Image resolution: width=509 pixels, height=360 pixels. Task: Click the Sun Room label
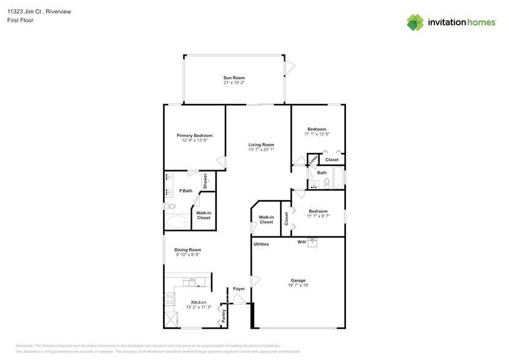click(x=234, y=78)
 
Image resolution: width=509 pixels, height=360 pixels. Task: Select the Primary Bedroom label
click(x=194, y=135)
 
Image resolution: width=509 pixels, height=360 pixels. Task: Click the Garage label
click(x=298, y=280)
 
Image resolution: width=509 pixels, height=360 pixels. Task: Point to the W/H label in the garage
click(x=301, y=242)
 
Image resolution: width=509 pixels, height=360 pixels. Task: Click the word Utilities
click(x=261, y=244)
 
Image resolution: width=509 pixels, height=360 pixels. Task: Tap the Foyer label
click(x=238, y=289)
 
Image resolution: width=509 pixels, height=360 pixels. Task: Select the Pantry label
click(x=224, y=316)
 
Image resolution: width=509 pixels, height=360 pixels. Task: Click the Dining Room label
click(x=187, y=250)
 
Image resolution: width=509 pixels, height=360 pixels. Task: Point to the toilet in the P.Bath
click(x=169, y=206)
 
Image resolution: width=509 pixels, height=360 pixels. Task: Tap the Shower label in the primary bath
click(x=206, y=179)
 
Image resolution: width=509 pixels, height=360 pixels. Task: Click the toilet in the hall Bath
click(x=326, y=183)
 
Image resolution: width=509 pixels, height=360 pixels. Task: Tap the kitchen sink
click(x=192, y=282)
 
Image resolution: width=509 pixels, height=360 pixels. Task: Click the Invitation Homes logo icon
click(x=415, y=23)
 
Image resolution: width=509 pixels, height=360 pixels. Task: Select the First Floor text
click(x=21, y=20)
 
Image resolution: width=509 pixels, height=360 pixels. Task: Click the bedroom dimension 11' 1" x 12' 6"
click(x=317, y=134)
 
